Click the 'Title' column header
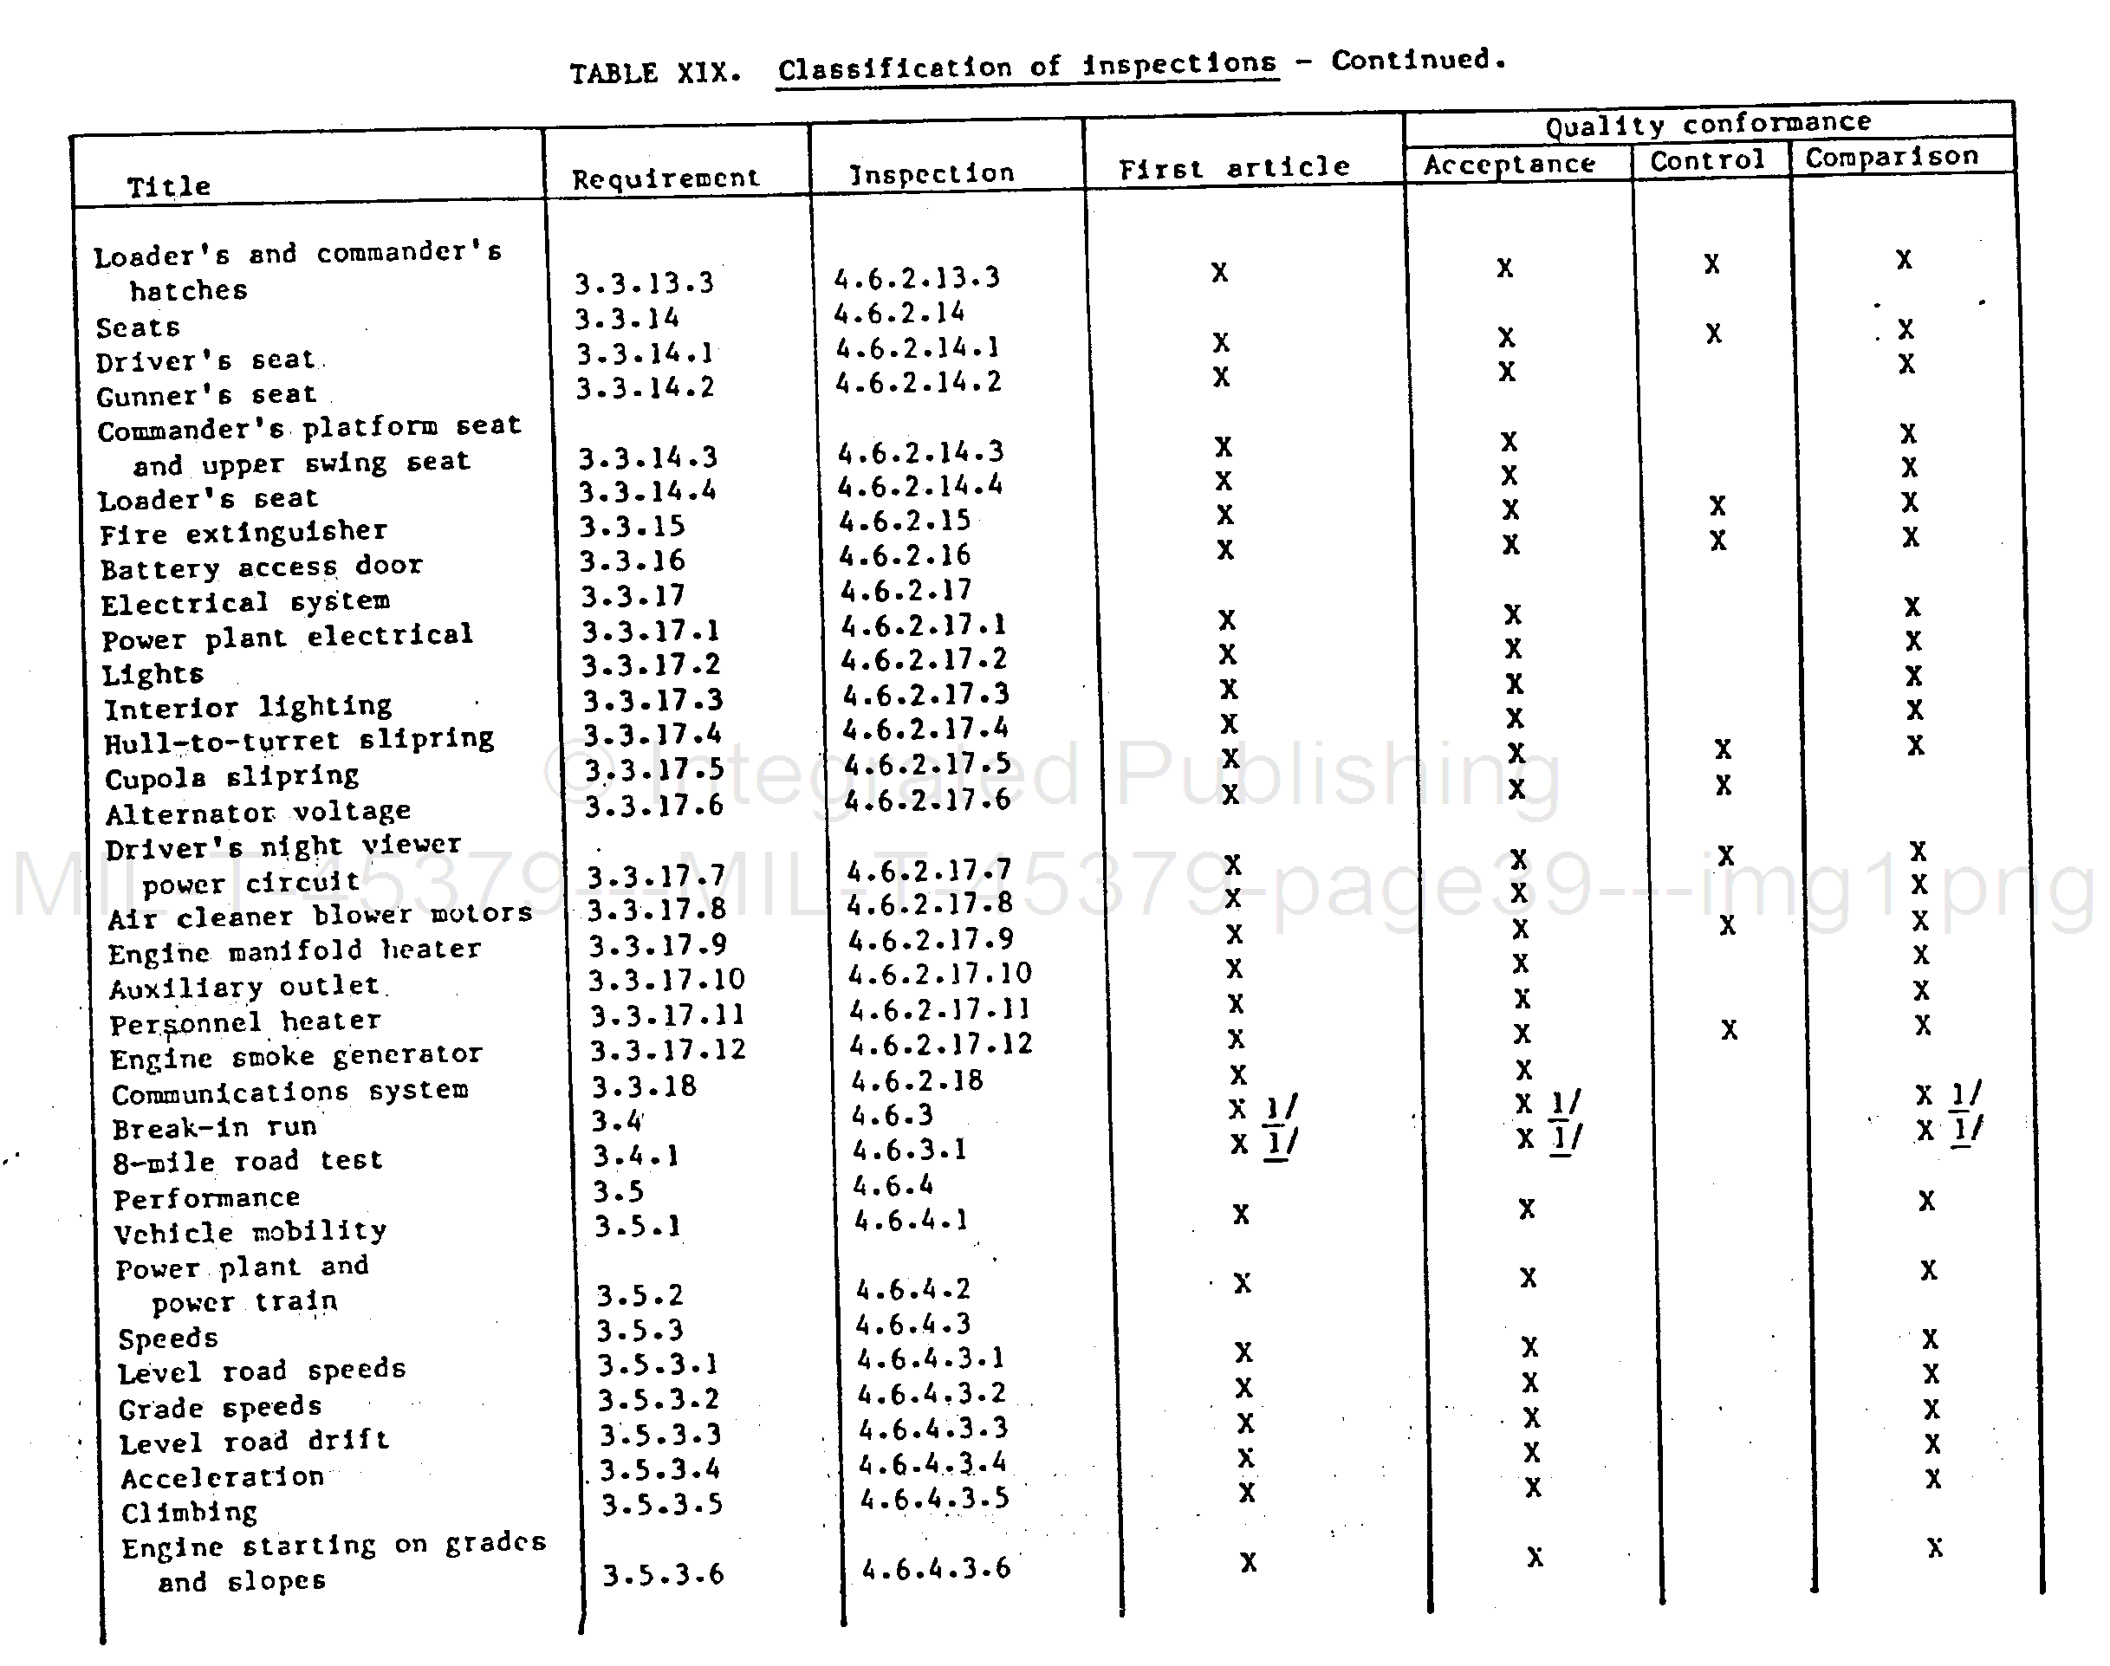tap(169, 185)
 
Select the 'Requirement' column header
tap(665, 178)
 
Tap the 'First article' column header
tap(1234, 169)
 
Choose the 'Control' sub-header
tap(1707, 160)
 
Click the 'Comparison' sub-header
tap(1892, 157)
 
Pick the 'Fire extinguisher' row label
tap(243, 533)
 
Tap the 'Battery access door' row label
tap(262, 567)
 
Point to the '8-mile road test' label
tap(248, 1161)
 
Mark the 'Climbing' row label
tap(189, 1512)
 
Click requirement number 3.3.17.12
tap(668, 1049)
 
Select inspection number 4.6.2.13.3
tap(917, 279)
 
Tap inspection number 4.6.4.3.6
tap(936, 1568)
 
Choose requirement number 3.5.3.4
tap(659, 1469)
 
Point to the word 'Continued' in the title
tap(1410, 61)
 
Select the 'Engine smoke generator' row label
tap(295, 1056)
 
